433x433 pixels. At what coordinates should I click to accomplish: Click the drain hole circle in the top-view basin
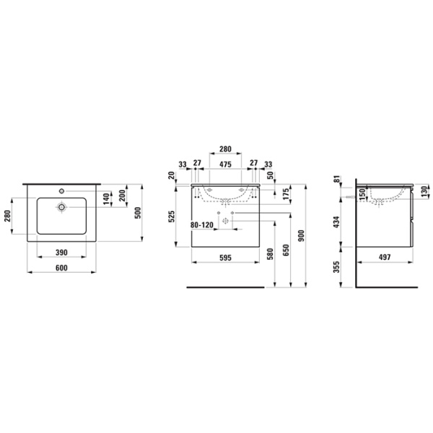coord(63,206)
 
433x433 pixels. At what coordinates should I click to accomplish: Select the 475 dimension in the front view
coord(225,164)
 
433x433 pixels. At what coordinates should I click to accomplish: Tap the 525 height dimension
coord(172,216)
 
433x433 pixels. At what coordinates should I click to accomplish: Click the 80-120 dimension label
coord(203,225)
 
